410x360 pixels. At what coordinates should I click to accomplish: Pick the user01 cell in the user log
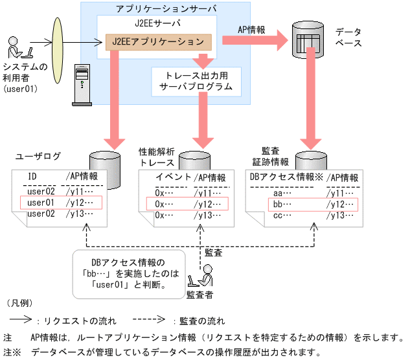(x=41, y=203)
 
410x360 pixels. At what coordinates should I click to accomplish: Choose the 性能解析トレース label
(x=157, y=156)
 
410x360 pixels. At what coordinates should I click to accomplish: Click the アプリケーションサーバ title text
(x=166, y=9)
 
